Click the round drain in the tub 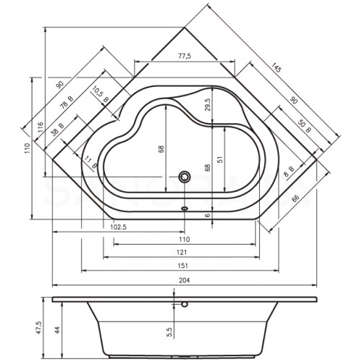tap(185, 176)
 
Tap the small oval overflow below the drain tap(185, 207)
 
